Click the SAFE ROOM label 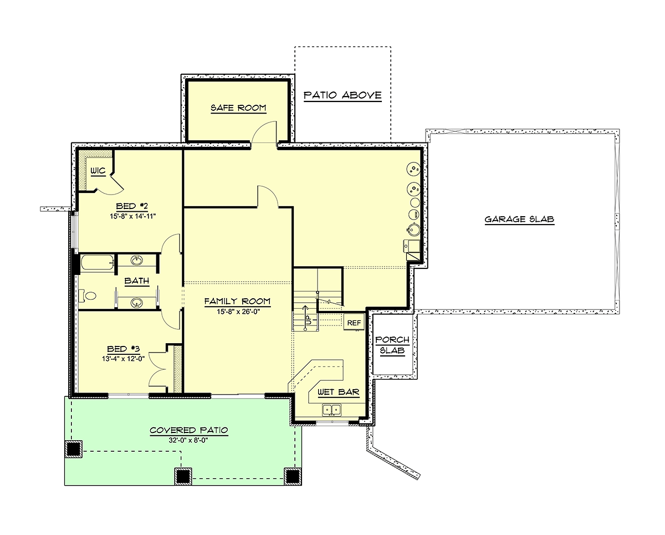point(238,108)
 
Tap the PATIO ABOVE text point(342,95)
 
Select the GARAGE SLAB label point(519,219)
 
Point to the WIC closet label point(98,171)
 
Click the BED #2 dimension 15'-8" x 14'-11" point(132,216)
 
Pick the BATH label point(137,281)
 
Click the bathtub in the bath point(97,263)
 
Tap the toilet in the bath point(88,296)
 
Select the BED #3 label point(123,349)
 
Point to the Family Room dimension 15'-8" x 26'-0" point(238,312)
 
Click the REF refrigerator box point(354,323)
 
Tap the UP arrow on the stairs point(305,318)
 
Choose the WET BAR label point(339,392)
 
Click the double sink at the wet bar point(331,410)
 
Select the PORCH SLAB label point(392,345)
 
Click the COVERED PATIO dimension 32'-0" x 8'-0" point(188,440)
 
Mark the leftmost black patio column point(74,449)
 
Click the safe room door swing point(263,132)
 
